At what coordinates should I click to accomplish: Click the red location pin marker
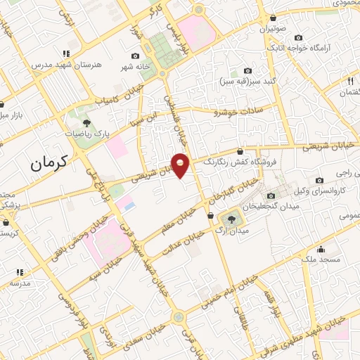pyautogui.click(x=181, y=165)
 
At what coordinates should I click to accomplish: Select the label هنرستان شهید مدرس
pyautogui.click(x=67, y=64)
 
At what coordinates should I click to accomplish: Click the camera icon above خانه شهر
pyautogui.click(x=135, y=56)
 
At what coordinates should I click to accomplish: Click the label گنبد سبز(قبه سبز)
pyautogui.click(x=248, y=82)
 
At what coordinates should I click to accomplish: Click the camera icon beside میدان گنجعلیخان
pyautogui.click(x=271, y=195)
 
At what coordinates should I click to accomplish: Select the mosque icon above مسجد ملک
pyautogui.click(x=321, y=249)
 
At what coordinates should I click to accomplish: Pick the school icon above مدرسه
pyautogui.click(x=20, y=272)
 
